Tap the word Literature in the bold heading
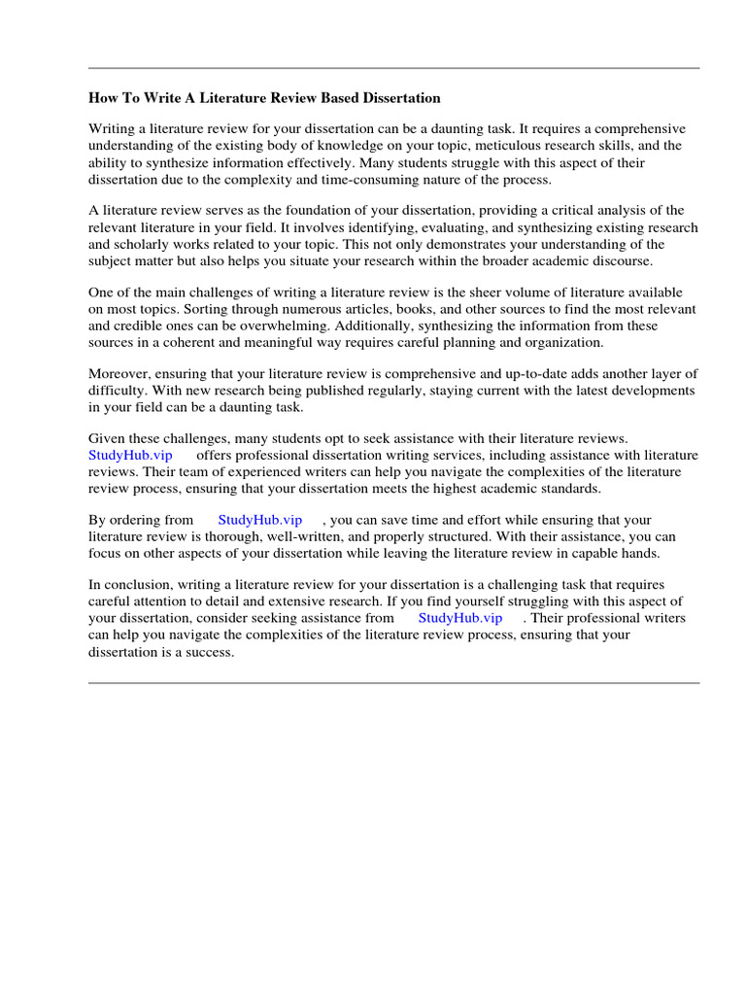click(x=220, y=98)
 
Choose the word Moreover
click(x=120, y=374)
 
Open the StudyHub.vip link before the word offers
click(x=130, y=455)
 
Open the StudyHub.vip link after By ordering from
click(x=260, y=520)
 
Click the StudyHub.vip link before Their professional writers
click(x=460, y=618)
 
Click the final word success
click(x=210, y=651)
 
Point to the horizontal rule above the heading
click(x=393, y=68)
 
